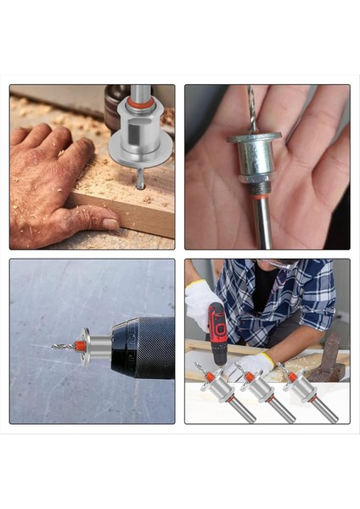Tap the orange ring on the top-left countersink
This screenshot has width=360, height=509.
(x=141, y=105)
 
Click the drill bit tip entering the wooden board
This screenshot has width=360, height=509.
(x=140, y=182)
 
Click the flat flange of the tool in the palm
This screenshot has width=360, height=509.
(x=255, y=137)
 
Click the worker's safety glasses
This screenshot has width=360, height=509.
(x=278, y=266)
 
